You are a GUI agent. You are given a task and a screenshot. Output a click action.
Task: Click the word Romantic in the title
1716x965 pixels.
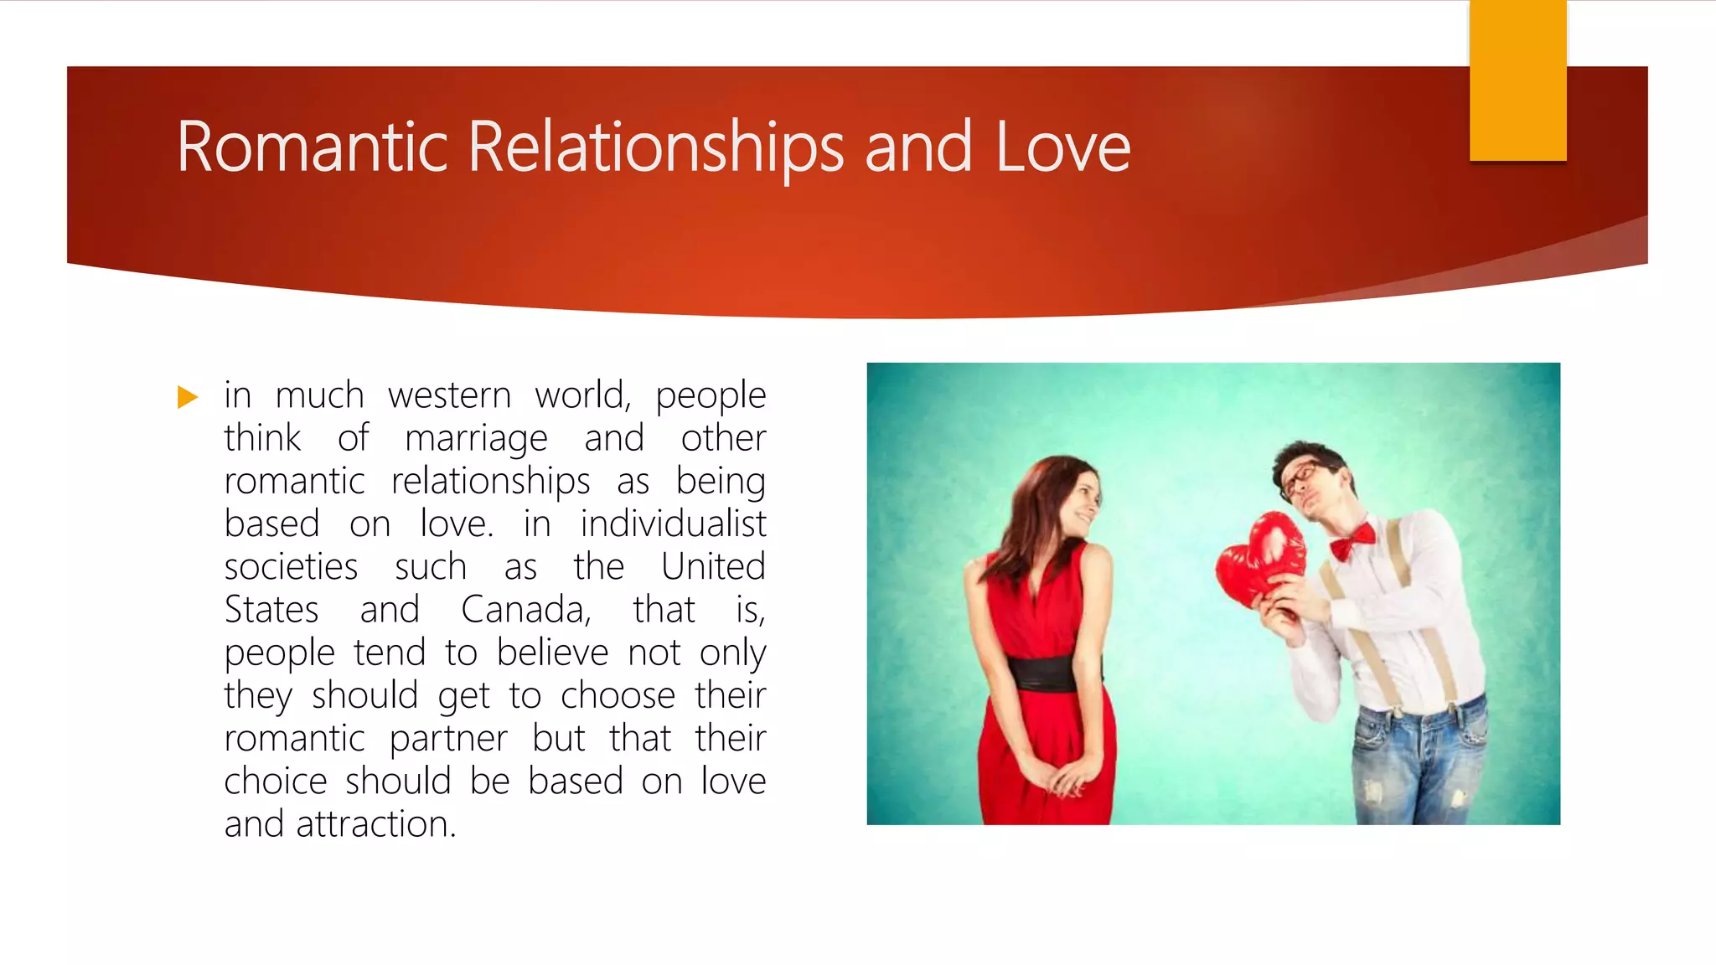(312, 147)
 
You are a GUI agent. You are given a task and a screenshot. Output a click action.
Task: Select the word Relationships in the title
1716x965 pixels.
(655, 147)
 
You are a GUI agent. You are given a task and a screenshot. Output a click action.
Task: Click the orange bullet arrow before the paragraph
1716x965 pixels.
(188, 396)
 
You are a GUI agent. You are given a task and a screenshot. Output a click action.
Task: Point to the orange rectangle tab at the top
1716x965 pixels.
(1517, 80)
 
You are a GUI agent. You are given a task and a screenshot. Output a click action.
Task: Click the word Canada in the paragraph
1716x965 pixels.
(525, 609)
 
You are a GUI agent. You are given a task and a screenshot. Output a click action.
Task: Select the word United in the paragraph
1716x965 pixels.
(713, 566)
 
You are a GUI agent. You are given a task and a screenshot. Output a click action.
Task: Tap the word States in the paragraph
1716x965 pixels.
(271, 609)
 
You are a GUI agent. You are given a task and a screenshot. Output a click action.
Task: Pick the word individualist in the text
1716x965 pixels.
(673, 524)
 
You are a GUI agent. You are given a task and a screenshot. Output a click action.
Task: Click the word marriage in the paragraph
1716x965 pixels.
(476, 438)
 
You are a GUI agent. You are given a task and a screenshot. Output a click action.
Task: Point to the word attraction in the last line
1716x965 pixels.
(375, 823)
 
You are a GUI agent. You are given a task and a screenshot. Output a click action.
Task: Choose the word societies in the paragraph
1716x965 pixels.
(291, 566)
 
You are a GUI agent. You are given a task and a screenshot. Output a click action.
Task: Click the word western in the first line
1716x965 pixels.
(449, 395)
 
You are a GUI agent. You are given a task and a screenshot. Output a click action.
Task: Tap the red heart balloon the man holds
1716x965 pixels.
(1261, 560)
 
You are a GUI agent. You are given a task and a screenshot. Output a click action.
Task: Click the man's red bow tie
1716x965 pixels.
(1352, 541)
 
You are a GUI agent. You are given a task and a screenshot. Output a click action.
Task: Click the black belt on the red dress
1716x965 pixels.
(1044, 673)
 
